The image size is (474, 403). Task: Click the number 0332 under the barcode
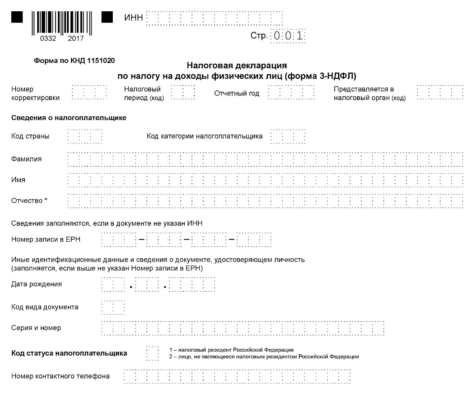(x=48, y=39)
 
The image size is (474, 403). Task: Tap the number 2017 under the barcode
(x=76, y=39)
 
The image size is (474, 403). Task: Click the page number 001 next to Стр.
(x=288, y=36)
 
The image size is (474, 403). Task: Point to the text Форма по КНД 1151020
(x=74, y=61)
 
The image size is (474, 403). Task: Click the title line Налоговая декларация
(x=237, y=65)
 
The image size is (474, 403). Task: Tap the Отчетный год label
(x=236, y=93)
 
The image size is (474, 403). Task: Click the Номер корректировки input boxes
(x=89, y=92)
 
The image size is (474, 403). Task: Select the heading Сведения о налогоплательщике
(x=69, y=118)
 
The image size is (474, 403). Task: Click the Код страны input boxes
(x=85, y=136)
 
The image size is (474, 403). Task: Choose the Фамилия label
(x=27, y=159)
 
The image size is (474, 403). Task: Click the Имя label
(x=18, y=180)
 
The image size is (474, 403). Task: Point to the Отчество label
(x=29, y=201)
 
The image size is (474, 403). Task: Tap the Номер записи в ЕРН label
(x=46, y=239)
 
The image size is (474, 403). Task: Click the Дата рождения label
(x=36, y=284)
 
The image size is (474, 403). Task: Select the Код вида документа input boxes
(x=113, y=307)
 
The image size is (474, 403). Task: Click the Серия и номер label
(x=36, y=328)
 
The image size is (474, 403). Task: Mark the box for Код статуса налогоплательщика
(x=152, y=353)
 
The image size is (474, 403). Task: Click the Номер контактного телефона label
(x=60, y=376)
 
